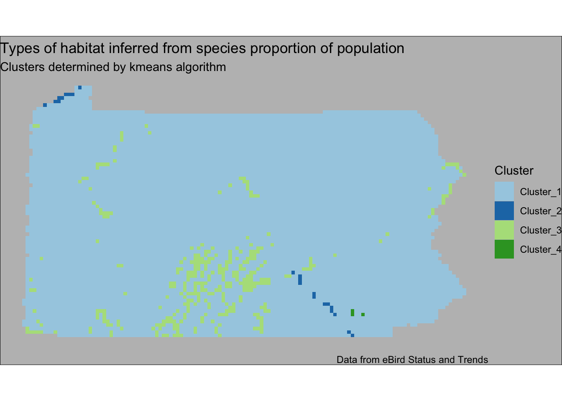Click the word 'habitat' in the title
click(x=82, y=48)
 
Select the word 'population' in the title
click(x=370, y=49)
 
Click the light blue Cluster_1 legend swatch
click(x=504, y=191)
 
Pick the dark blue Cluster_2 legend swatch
click(x=504, y=211)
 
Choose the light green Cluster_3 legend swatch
click(x=504, y=230)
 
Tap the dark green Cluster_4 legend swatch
click(x=504, y=249)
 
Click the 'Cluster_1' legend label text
click(x=541, y=192)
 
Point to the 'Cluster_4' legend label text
click(x=541, y=250)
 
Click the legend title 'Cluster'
click(x=514, y=171)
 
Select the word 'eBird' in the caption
click(x=394, y=360)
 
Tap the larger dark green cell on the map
click(x=353, y=312)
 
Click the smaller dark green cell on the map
click(x=363, y=315)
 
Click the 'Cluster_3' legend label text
click(x=541, y=230)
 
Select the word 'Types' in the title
click(x=20, y=49)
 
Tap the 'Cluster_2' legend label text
click(x=541, y=211)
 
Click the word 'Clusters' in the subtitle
click(x=22, y=67)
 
